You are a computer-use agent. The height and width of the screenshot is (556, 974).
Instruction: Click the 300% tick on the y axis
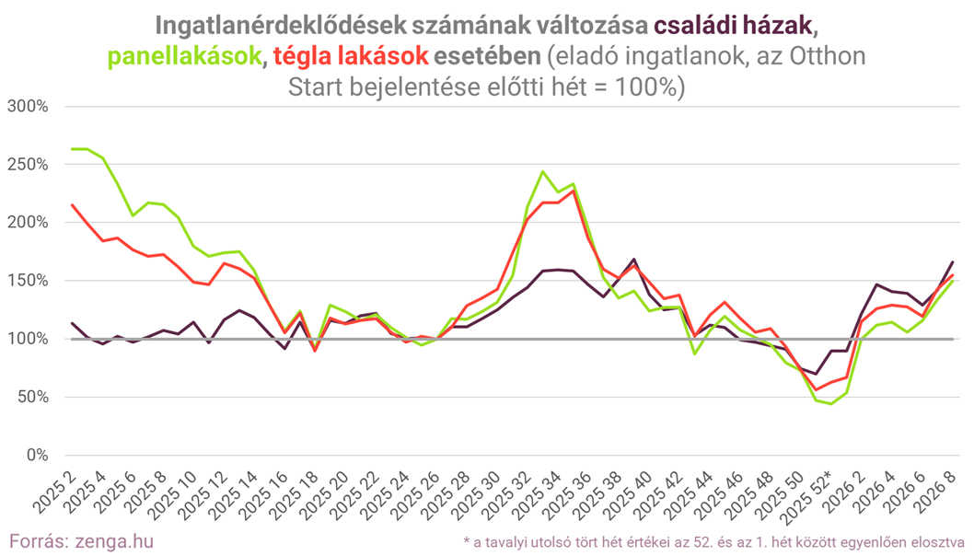point(28,106)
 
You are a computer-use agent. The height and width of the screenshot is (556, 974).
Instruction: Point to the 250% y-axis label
point(28,164)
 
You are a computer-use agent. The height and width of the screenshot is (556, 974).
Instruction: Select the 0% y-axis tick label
point(36,456)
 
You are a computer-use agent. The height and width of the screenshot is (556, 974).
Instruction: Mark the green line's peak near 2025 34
point(542,171)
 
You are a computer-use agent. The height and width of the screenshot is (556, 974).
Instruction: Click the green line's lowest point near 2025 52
point(830,403)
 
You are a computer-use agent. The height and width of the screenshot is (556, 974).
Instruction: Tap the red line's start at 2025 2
point(72,204)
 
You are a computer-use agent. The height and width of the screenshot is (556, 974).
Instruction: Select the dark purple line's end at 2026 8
point(952,262)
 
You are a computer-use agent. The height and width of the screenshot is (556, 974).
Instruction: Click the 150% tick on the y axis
point(28,281)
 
